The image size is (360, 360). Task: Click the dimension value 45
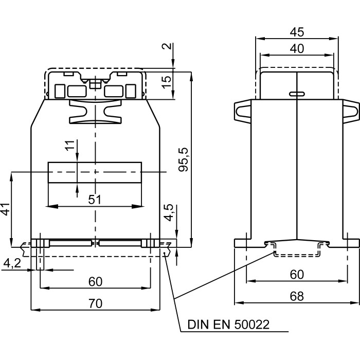point(297,31)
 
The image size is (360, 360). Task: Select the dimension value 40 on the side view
point(297,49)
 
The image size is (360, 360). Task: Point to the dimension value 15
point(167,81)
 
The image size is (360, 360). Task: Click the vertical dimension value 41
point(5,210)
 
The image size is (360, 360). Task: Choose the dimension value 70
point(95,304)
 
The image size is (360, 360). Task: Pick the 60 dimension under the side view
point(297,275)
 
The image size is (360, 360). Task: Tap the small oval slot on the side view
point(297,94)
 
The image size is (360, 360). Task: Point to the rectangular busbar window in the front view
point(95,172)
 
